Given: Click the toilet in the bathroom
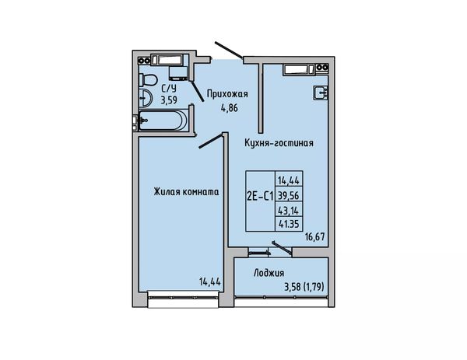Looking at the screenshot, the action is click(148, 79).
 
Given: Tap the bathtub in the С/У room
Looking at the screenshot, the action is click(163, 121).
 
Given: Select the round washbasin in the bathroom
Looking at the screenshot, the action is click(146, 97).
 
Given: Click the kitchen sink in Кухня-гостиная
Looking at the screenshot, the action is click(321, 93).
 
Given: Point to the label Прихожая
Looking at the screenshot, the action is click(227, 94).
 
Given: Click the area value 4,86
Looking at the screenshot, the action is click(230, 108).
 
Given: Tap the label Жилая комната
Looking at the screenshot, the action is click(187, 192).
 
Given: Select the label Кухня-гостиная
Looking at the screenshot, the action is click(279, 143).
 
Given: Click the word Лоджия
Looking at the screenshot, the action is click(269, 273).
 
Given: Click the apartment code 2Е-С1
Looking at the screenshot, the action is click(260, 196).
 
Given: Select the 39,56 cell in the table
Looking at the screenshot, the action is click(289, 195).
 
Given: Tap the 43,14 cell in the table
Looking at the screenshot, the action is click(289, 210).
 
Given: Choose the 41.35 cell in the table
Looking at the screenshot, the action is click(289, 223).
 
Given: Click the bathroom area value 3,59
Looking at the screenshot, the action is click(169, 100).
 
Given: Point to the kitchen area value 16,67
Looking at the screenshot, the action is click(314, 237).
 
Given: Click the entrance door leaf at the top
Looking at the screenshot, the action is click(229, 50).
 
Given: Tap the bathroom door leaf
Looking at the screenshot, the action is click(197, 91).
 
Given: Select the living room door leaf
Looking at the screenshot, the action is click(211, 141).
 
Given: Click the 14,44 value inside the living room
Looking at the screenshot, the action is click(210, 281).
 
